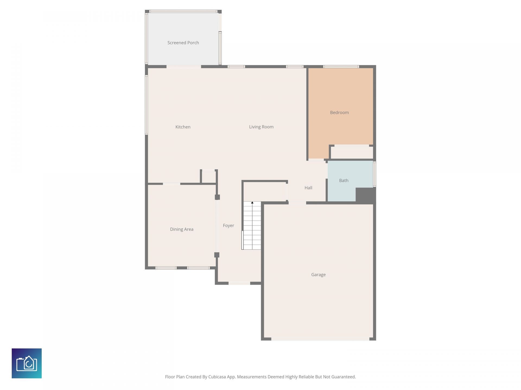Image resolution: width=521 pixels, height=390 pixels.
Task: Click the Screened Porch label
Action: pos(183,43)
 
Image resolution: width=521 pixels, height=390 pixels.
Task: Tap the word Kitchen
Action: pos(183,127)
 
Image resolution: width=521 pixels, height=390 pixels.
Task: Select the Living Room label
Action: pos(261,127)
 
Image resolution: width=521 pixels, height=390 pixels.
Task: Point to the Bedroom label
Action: pos(339,112)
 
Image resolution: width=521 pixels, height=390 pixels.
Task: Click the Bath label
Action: pos(344,180)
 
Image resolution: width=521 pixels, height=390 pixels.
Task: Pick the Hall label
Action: pos(308,188)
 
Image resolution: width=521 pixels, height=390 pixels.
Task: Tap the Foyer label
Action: pos(228,225)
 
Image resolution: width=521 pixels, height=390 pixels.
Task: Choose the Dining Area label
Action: pos(182,229)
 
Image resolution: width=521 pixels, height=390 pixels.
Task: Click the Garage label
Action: pos(318,275)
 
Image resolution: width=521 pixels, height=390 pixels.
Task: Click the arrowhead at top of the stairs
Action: pos(252,203)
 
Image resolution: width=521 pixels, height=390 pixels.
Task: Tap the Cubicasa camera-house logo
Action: pos(27,363)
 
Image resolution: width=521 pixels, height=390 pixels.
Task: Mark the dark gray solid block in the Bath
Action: pos(365,195)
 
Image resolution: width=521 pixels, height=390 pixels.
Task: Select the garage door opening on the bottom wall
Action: pos(320,339)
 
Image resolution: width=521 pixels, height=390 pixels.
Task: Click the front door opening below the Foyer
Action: pos(239,283)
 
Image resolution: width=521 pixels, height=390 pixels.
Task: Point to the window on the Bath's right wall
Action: pos(374,174)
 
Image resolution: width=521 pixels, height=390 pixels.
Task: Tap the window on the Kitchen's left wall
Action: pos(147,105)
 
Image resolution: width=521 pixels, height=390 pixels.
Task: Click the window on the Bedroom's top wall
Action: pos(341,67)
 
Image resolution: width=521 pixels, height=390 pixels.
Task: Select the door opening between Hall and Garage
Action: pos(297,203)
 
